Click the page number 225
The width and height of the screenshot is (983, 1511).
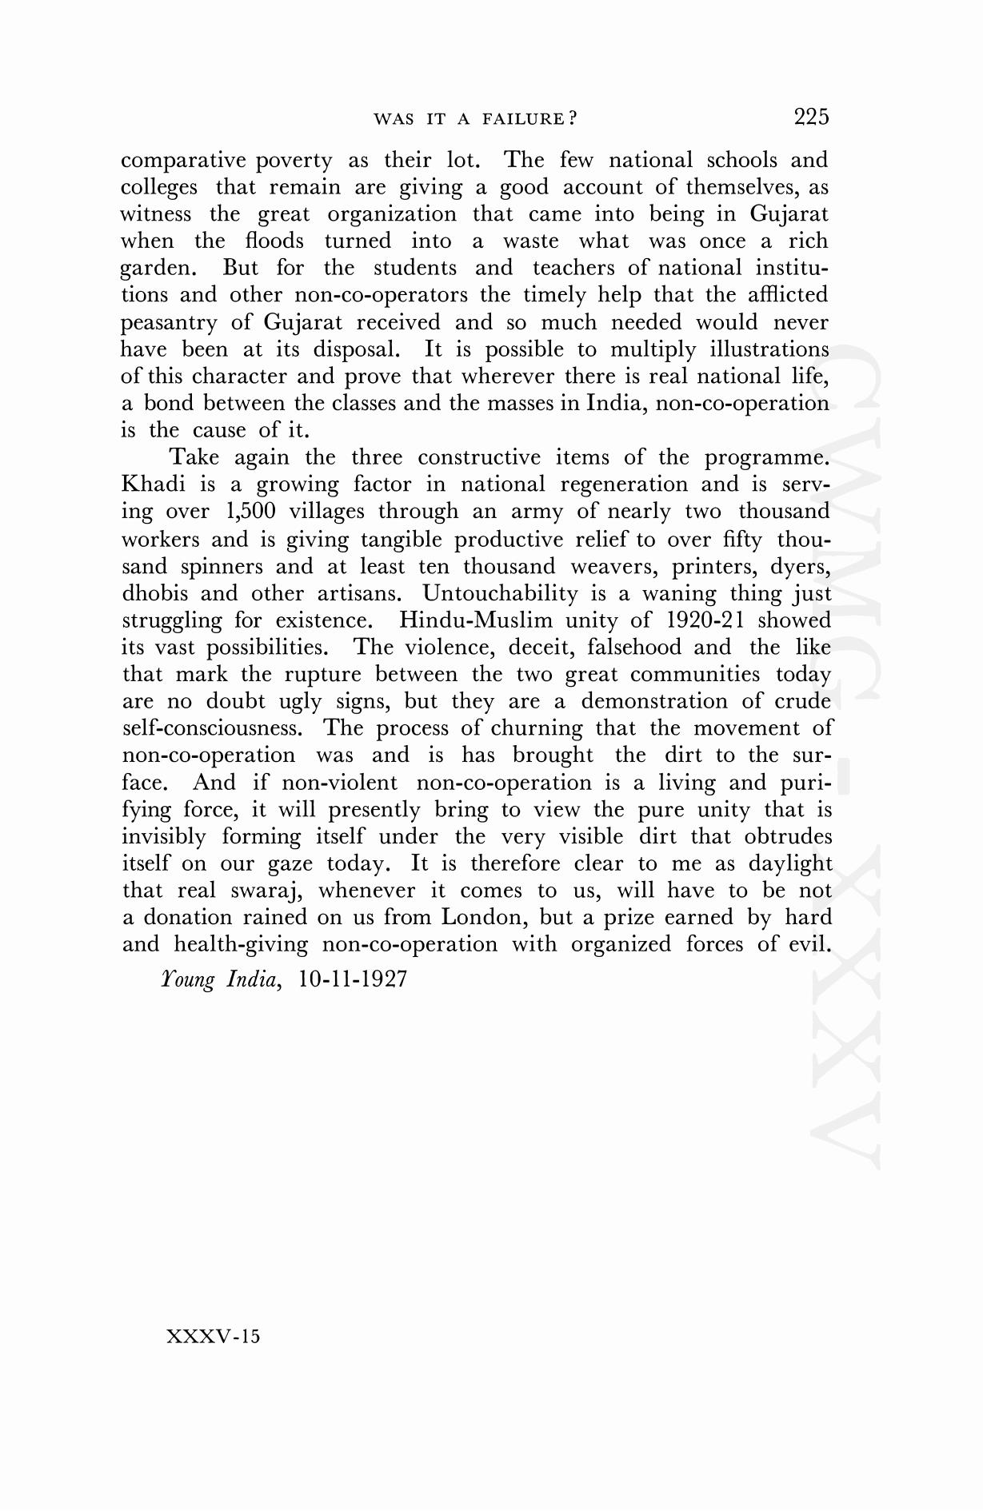[x=811, y=118]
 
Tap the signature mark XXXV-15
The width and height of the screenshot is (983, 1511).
[x=213, y=1336]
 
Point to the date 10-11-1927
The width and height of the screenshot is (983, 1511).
[x=353, y=979]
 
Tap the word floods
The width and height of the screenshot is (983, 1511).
[x=274, y=241]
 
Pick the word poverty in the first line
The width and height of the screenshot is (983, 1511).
[x=294, y=161]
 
